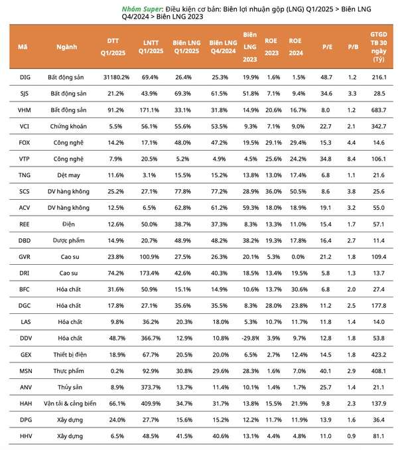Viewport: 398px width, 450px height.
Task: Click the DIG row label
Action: pyautogui.click(x=25, y=77)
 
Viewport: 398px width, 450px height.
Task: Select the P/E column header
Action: pyautogui.click(x=327, y=46)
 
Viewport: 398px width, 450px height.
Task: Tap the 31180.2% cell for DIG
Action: pyautogui.click(x=116, y=77)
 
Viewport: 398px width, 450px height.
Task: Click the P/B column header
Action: pyautogui.click(x=353, y=46)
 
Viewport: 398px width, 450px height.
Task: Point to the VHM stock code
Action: pyautogui.click(x=25, y=110)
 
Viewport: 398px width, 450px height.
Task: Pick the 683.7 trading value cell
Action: pyautogui.click(x=379, y=110)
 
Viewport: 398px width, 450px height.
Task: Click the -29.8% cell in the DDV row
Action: pyautogui.click(x=250, y=338)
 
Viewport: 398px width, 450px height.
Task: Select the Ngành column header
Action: pyautogui.click(x=66, y=46)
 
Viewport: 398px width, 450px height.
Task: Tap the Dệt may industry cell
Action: pyautogui.click(x=68, y=175)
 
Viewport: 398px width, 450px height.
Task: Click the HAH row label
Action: pyautogui.click(x=26, y=404)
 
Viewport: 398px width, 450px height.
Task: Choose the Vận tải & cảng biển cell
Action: pyautogui.click(x=70, y=404)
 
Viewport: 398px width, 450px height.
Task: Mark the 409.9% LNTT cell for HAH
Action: pyautogui.click(x=151, y=404)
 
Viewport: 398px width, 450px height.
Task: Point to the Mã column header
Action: pyautogui.click(x=23, y=46)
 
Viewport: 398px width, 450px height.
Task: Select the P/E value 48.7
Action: pyautogui.click(x=326, y=77)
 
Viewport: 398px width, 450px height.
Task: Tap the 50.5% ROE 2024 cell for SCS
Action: pyautogui.click(x=298, y=191)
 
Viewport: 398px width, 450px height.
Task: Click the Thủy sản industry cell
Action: pyautogui.click(x=70, y=387)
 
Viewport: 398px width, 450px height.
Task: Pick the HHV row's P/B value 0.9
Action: pyautogui.click(x=352, y=436)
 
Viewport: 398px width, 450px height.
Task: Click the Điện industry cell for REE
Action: pyautogui.click(x=68, y=224)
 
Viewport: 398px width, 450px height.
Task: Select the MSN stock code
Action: pyautogui.click(x=26, y=371)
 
